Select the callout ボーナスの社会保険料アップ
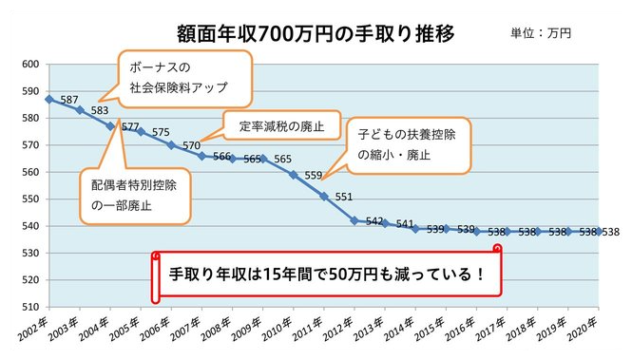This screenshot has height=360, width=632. coord(185,79)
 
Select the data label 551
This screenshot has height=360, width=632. coord(344,197)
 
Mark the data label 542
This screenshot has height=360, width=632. coord(374,221)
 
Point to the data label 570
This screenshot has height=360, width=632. coord(191,145)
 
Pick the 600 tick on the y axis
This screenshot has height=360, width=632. coord(29,65)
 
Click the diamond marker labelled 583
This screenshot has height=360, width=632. coord(79,109)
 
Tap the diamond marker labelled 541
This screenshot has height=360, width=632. coord(385,223)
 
